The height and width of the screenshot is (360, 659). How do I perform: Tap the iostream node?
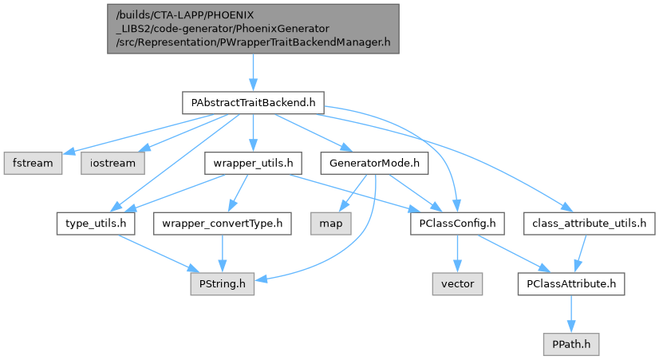[112, 163]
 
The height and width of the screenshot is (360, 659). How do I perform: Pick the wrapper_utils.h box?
[252, 163]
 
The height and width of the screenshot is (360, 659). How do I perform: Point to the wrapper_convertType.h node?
[223, 223]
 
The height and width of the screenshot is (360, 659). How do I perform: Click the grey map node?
[331, 223]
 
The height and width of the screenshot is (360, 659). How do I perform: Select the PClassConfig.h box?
[456, 223]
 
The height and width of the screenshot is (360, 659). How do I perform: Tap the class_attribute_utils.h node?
[588, 223]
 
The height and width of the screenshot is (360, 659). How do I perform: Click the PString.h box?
[223, 283]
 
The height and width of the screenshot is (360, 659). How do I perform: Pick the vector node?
[457, 283]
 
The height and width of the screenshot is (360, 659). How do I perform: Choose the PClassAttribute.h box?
[570, 283]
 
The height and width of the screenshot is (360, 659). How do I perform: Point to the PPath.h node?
[570, 343]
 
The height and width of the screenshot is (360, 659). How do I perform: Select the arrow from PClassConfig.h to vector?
[456, 253]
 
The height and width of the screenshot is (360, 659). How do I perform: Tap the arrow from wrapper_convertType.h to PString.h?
[223, 253]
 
